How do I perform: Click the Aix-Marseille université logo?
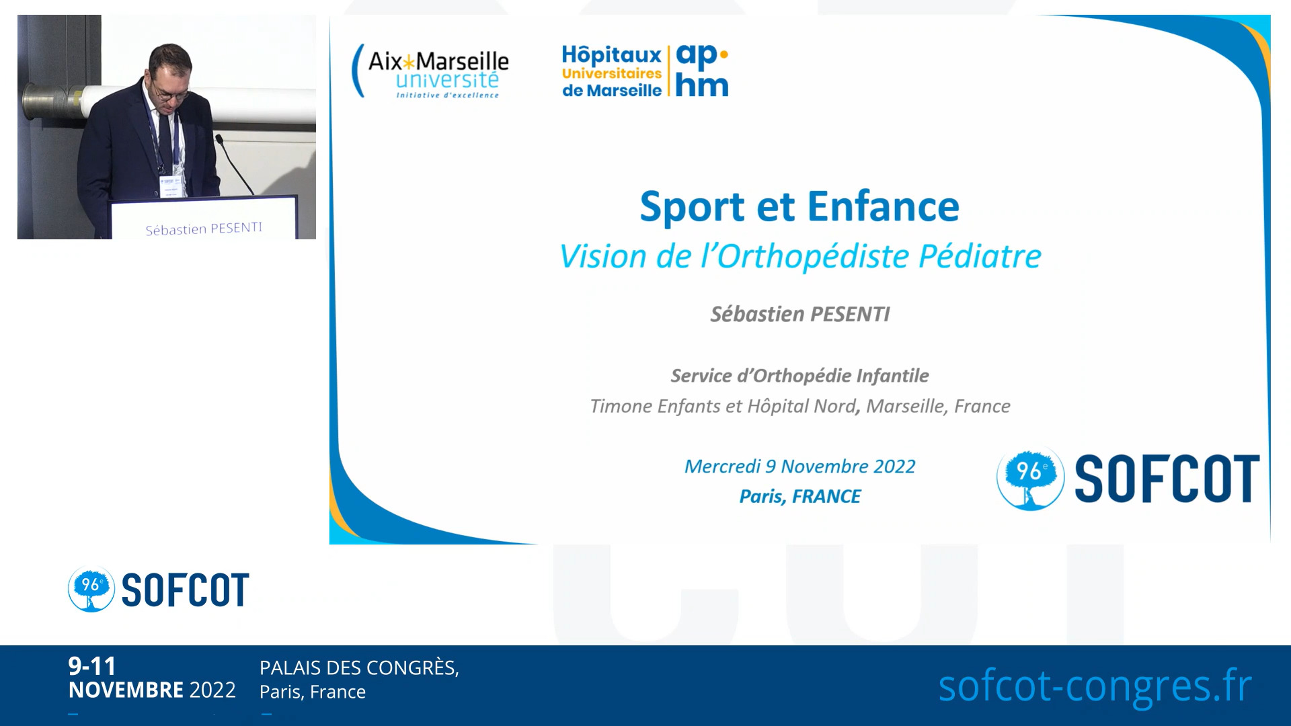pyautogui.click(x=430, y=71)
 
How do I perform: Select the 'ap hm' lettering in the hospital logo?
pyautogui.click(x=702, y=71)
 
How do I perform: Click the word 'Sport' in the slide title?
pyautogui.click(x=693, y=206)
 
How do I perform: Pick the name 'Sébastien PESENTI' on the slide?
pyautogui.click(x=800, y=314)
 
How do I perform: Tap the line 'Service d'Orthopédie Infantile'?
pyautogui.click(x=800, y=376)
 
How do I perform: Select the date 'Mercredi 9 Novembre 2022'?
pyautogui.click(x=800, y=467)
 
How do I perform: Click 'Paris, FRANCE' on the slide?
pyautogui.click(x=800, y=496)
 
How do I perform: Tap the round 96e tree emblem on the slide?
pyautogui.click(x=1030, y=478)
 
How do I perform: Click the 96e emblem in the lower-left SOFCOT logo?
pyautogui.click(x=91, y=590)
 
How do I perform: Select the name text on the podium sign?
pyautogui.click(x=204, y=229)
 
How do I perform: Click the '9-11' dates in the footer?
pyautogui.click(x=92, y=666)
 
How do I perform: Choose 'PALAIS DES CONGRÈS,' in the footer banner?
pyautogui.click(x=360, y=668)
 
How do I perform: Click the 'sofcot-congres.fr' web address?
pyautogui.click(x=1095, y=686)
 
